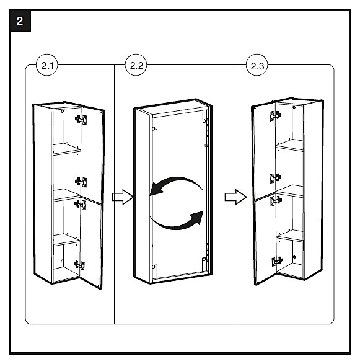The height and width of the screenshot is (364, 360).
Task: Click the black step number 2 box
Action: [20, 21]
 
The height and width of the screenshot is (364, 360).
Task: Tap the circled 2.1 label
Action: [47, 65]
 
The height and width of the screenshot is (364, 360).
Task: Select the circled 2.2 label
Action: [136, 65]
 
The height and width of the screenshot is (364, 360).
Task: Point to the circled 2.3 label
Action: [257, 65]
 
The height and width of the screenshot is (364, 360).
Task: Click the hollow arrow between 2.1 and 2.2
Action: [123, 197]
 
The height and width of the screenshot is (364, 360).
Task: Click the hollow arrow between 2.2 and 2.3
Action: [235, 197]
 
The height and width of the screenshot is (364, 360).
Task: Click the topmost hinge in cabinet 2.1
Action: [81, 120]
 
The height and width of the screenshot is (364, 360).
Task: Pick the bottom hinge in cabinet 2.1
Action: [79, 265]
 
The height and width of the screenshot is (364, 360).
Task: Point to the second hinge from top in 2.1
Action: [81, 182]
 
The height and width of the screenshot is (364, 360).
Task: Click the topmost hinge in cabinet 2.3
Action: [275, 115]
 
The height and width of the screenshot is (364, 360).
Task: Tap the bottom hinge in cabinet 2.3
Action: [277, 262]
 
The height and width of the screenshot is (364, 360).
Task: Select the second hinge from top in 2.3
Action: [275, 178]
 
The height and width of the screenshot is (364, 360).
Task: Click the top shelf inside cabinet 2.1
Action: [67, 149]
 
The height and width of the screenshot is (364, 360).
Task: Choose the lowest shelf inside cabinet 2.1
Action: [66, 240]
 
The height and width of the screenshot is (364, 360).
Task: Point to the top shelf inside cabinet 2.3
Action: [289, 145]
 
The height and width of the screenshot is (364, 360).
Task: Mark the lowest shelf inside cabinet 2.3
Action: [290, 236]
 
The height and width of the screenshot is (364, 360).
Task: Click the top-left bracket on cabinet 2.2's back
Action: [154, 124]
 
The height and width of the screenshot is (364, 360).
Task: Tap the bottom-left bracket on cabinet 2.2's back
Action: [154, 267]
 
